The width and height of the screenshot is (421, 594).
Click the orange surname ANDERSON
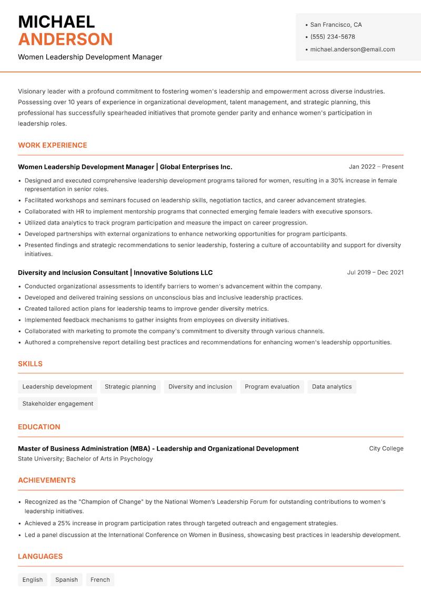pyautogui.click(x=65, y=39)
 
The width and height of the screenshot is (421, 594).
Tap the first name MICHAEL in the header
pyautogui.click(x=56, y=22)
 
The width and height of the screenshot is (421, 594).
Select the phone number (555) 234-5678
pyautogui.click(x=333, y=37)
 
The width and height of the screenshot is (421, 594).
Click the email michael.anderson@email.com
pyautogui.click(x=353, y=49)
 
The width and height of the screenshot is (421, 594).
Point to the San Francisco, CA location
pyautogui.click(x=336, y=25)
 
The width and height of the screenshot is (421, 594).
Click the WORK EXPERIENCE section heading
pyautogui.click(x=53, y=145)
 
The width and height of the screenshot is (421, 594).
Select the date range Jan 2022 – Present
pyautogui.click(x=376, y=167)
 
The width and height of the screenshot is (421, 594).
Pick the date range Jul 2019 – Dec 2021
pyautogui.click(x=375, y=272)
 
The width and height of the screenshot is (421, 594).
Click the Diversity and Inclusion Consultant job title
pyautogui.click(x=73, y=273)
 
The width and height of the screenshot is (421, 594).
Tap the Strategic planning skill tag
pyautogui.click(x=130, y=387)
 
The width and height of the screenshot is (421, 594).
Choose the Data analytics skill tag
pyautogui.click(x=332, y=387)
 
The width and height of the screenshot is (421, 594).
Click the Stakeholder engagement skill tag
pyautogui.click(x=58, y=404)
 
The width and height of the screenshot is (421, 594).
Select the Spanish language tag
pyautogui.click(x=66, y=580)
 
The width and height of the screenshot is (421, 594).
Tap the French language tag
pyautogui.click(x=100, y=580)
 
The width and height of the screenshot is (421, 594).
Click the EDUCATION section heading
pyautogui.click(x=39, y=427)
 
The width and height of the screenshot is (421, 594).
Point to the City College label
pyautogui.click(x=386, y=448)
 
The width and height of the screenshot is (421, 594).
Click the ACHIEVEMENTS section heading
pyautogui.click(x=47, y=480)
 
